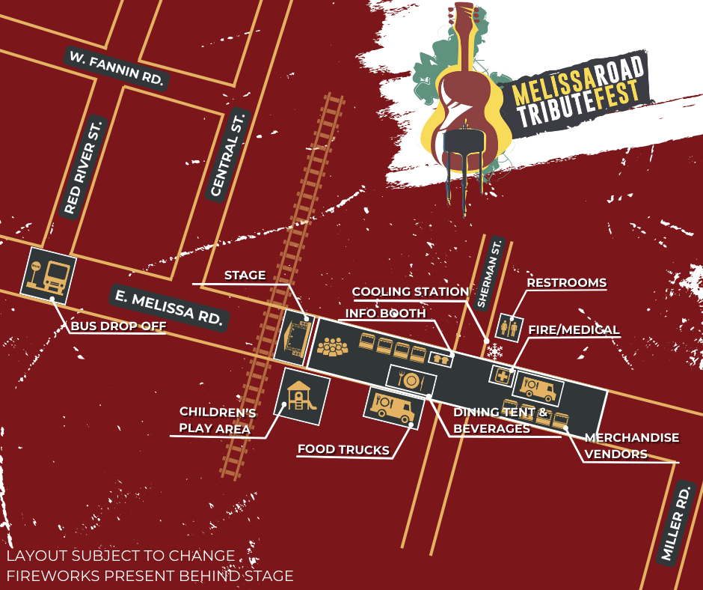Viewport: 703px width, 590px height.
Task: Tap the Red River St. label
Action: click(x=82, y=166)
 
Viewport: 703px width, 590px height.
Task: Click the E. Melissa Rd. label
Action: click(x=169, y=306)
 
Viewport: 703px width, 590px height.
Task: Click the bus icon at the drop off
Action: click(x=49, y=275)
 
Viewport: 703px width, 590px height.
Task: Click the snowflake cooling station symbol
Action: click(x=494, y=350)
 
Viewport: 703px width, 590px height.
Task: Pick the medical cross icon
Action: click(x=499, y=374)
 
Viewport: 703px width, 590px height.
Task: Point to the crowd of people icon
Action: click(x=334, y=347)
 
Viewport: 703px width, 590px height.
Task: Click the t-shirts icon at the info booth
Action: click(x=440, y=359)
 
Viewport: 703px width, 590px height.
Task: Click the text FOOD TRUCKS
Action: click(x=343, y=450)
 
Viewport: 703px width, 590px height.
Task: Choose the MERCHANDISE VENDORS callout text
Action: click(x=631, y=445)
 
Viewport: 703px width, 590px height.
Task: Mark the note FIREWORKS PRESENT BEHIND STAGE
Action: click(x=150, y=576)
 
